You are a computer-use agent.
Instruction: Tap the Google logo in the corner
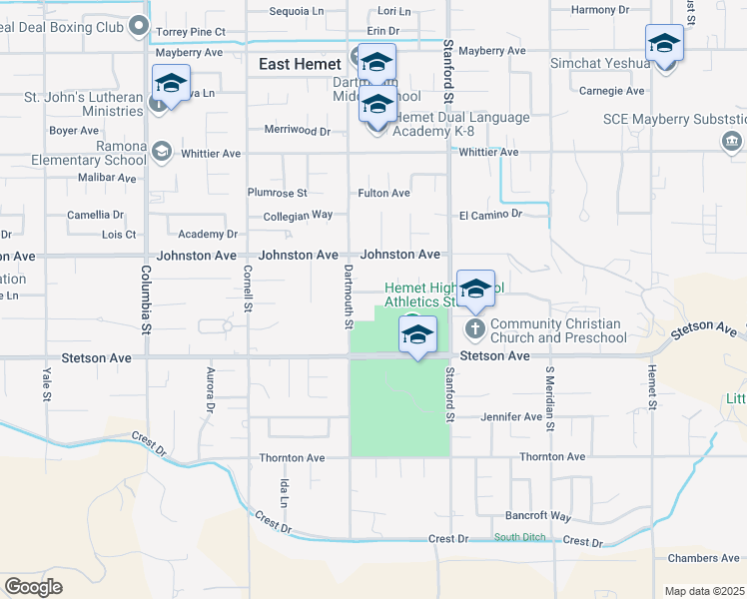34,587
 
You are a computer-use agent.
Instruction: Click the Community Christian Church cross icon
474,327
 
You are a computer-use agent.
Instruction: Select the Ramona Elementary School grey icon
160,152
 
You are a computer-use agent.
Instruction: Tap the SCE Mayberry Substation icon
731,142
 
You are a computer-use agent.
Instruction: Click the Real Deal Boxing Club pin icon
139,26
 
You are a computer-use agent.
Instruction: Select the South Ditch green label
519,538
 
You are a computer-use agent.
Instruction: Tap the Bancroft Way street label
538,516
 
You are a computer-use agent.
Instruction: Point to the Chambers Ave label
705,558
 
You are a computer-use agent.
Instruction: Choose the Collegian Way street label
298,215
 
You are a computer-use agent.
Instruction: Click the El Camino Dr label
490,214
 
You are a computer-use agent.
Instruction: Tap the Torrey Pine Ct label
191,32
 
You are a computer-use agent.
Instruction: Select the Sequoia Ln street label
298,12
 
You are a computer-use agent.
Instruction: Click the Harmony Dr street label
600,10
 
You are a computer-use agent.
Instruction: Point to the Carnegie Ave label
611,91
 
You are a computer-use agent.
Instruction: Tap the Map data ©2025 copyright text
704,591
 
